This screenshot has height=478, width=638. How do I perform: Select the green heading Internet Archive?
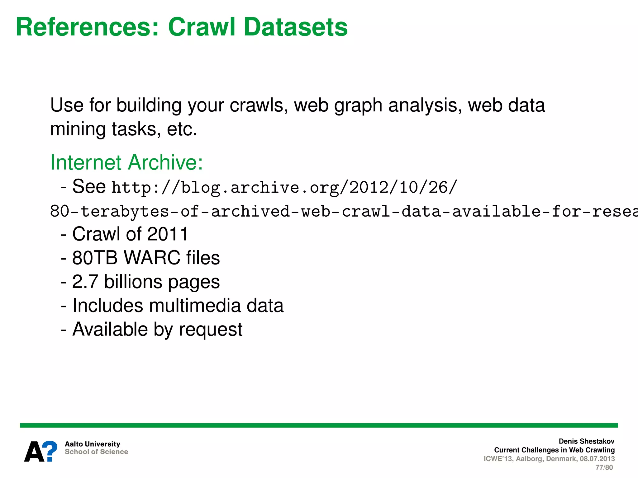(126, 162)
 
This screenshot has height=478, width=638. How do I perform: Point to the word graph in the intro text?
(358, 106)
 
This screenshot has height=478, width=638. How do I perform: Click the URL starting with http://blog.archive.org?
(284, 188)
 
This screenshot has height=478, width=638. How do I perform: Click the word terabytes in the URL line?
(125, 211)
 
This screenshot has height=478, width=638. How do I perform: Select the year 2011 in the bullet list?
(168, 234)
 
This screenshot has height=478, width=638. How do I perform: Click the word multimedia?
(195, 306)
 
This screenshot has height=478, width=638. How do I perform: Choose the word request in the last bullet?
(211, 330)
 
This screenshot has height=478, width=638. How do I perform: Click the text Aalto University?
(92, 444)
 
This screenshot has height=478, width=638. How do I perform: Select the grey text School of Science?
(96, 452)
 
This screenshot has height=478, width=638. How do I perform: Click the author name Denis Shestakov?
(586, 441)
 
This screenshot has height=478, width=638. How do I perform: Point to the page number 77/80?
(604, 467)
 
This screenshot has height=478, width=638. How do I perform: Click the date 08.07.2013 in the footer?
(597, 459)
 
